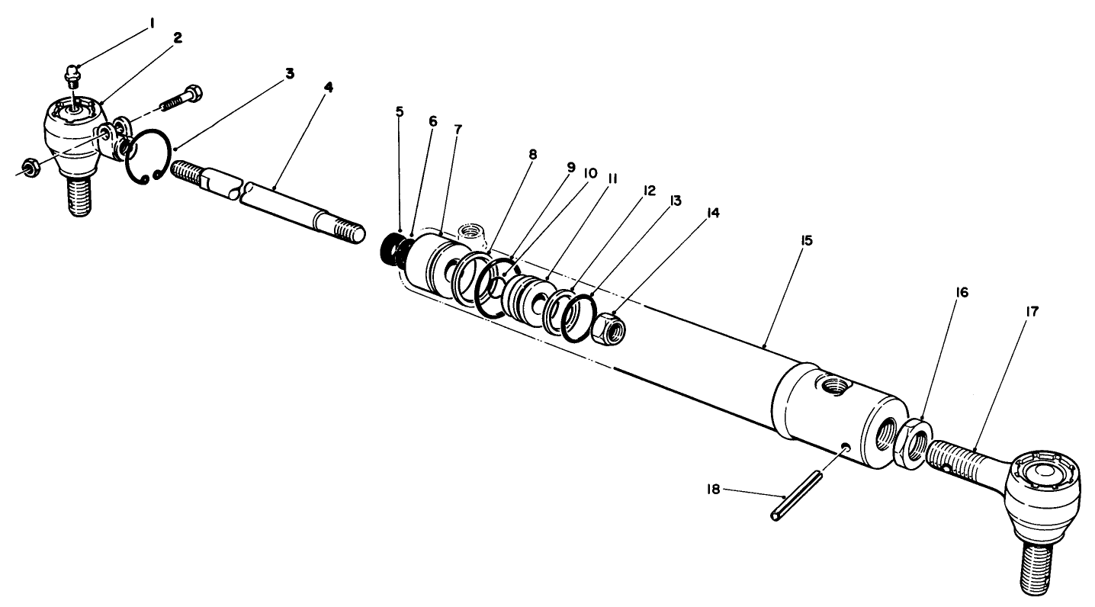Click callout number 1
151,24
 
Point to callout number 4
328,88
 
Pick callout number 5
400,111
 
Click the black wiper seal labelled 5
390,249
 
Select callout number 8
531,155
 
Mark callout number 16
962,292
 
